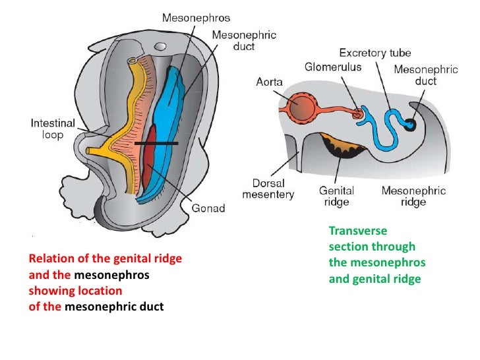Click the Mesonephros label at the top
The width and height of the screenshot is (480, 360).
coord(192,17)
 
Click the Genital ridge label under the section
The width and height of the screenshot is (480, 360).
coord(336,196)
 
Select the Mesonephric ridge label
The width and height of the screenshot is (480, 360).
coord(413,196)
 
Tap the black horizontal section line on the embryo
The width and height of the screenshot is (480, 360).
coord(156,143)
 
